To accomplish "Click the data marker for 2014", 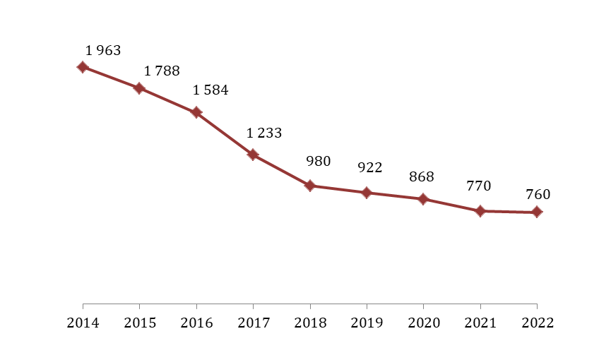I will (x=83, y=67).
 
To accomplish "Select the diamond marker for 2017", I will (x=253, y=155).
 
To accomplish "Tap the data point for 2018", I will (x=309, y=186).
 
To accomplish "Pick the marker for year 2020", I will (x=423, y=199).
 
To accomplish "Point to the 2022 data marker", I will (x=537, y=212).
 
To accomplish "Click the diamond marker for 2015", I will (x=139, y=88).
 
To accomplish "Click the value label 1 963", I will (x=103, y=51).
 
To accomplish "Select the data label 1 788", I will (x=162, y=71).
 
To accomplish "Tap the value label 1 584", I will (x=210, y=90).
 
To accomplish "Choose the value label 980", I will (x=318, y=162).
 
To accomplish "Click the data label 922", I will (x=370, y=168).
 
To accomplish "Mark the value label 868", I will (x=422, y=177).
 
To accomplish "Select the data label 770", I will (x=478, y=186).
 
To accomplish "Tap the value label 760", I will (x=538, y=196).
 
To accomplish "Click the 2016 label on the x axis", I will (x=196, y=323).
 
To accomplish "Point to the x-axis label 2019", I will (x=367, y=323).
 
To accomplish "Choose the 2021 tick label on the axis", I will (x=480, y=323).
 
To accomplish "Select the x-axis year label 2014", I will (x=83, y=323).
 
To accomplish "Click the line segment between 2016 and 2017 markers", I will (x=225, y=133).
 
